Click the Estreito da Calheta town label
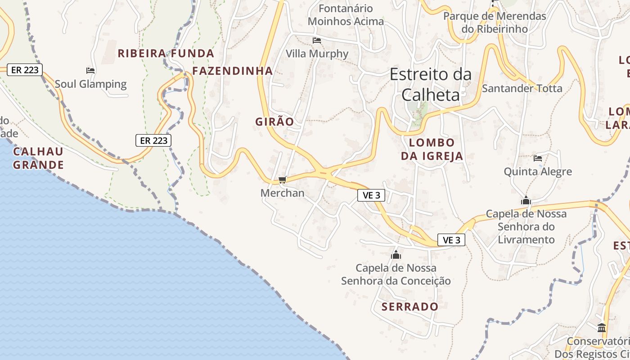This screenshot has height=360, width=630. [431, 84]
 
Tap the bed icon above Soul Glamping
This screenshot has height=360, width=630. [90, 71]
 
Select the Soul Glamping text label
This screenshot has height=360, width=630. [90, 84]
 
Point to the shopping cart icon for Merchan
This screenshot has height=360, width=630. [282, 180]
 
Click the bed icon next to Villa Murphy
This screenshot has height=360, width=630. [317, 40]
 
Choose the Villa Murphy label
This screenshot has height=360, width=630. [317, 54]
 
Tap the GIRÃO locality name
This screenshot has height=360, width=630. [274, 121]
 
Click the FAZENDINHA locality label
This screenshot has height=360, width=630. [233, 71]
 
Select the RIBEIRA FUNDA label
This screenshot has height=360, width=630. [166, 53]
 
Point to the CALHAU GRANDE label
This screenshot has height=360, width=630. [38, 158]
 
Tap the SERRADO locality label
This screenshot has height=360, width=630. [409, 307]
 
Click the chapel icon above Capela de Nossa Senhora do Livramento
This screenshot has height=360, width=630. [526, 201]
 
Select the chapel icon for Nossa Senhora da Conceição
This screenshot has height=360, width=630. [396, 255]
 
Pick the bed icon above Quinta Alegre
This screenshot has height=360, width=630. [538, 158]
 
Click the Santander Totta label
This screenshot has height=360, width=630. [522, 88]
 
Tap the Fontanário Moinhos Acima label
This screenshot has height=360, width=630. [346, 15]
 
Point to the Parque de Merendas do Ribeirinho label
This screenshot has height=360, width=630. [495, 22]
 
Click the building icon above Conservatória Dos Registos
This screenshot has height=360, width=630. [602, 328]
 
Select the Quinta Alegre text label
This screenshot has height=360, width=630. [538, 171]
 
